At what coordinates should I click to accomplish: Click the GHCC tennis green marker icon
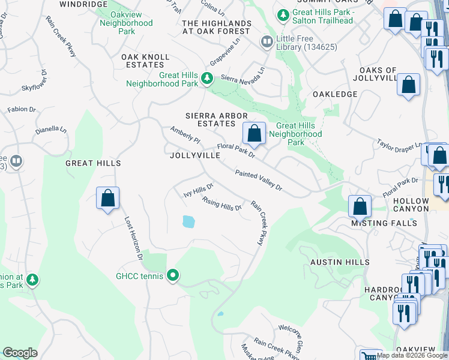tap(173, 276)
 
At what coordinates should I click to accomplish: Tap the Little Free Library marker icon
tap(267, 41)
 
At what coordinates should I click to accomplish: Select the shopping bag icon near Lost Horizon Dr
tap(107, 197)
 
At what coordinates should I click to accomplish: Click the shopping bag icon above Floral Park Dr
tap(254, 133)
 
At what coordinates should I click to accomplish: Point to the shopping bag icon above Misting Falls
tap(359, 206)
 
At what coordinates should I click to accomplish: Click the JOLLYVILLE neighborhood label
tap(195, 155)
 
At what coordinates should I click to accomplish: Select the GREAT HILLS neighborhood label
tap(93, 163)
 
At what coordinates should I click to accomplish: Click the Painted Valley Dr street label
tap(258, 180)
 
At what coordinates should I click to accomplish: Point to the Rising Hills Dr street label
tap(221, 204)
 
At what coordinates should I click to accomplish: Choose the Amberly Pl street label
tap(185, 134)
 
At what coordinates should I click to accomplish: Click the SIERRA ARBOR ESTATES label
tap(209, 119)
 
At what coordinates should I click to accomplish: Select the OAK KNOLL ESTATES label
tap(145, 61)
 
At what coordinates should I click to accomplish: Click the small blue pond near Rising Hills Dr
tap(188, 221)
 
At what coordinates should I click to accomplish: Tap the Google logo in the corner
tap(20, 353)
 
